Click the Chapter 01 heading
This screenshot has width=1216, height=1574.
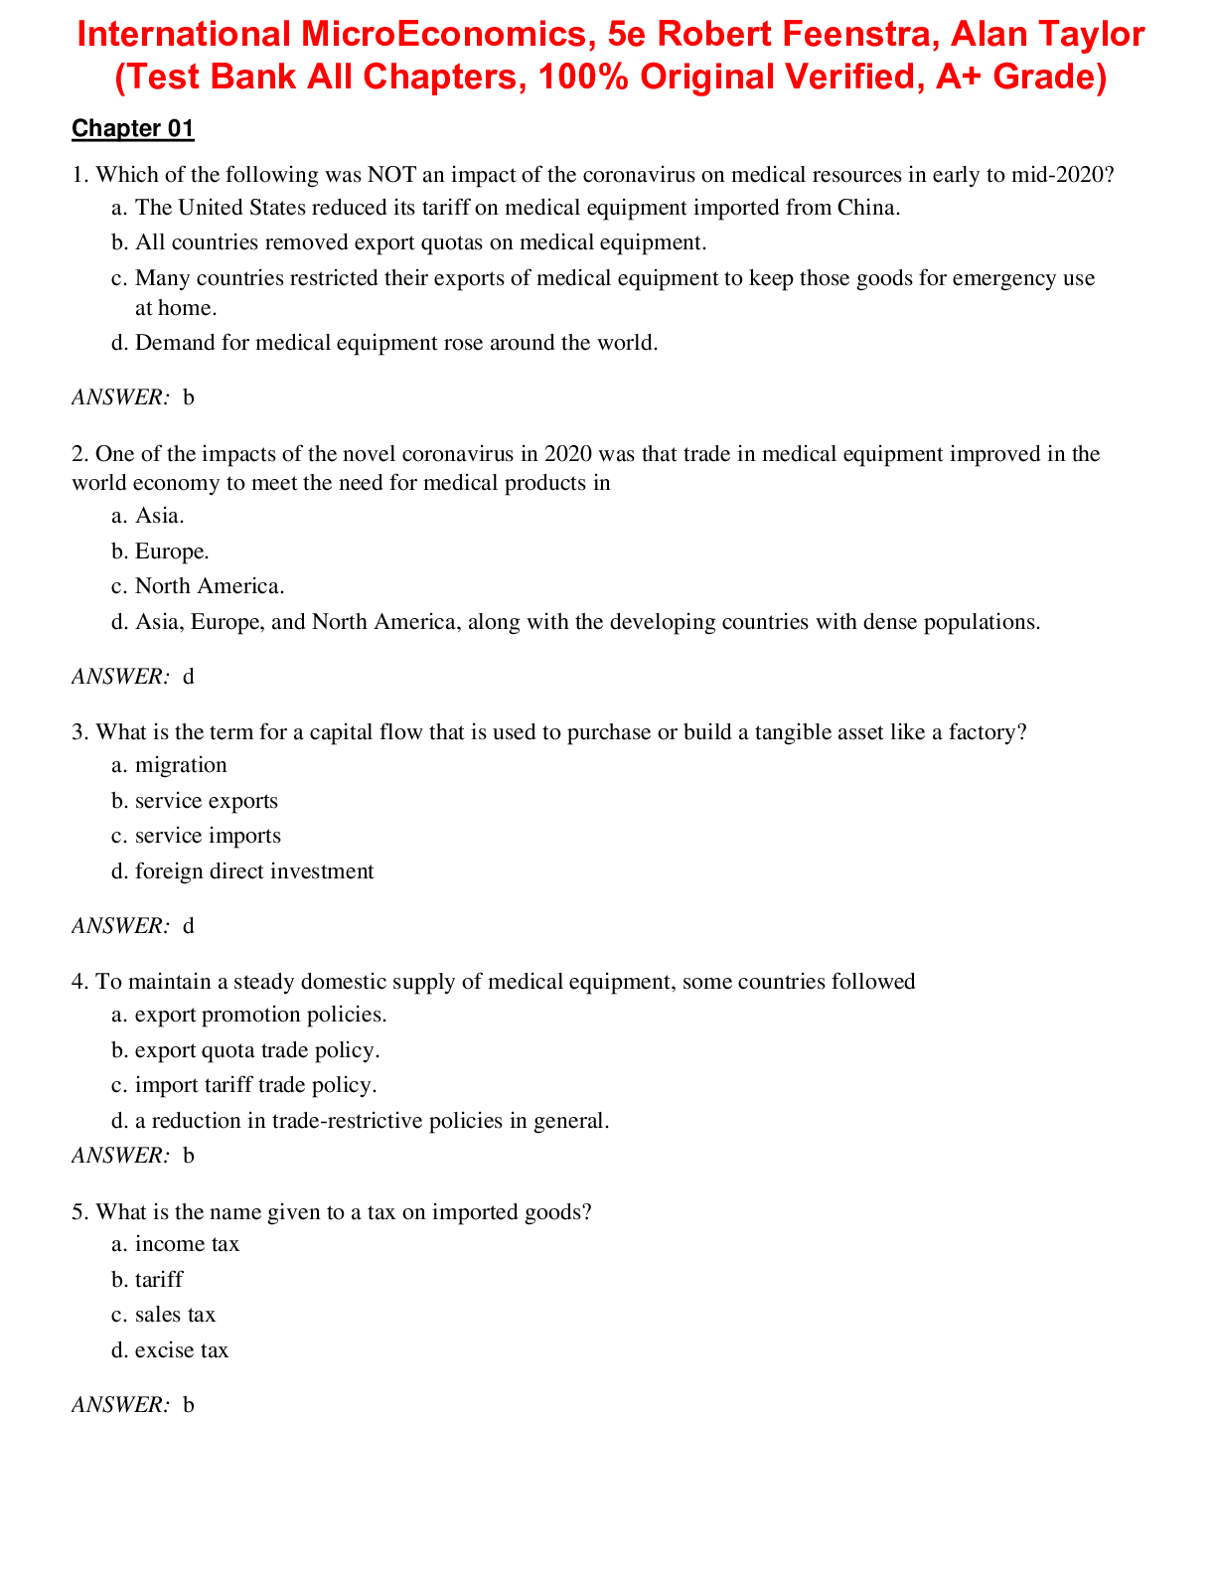pyautogui.click(x=133, y=128)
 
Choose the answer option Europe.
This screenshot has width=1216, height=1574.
pyautogui.click(x=172, y=551)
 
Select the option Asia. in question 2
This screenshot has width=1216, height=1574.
pyautogui.click(x=160, y=516)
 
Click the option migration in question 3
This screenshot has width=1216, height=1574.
pyautogui.click(x=181, y=765)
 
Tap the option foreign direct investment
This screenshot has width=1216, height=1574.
pyautogui.click(x=254, y=871)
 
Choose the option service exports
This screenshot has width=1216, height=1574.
pyautogui.click(x=207, y=801)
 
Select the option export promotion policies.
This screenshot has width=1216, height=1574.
pyautogui.click(x=260, y=1015)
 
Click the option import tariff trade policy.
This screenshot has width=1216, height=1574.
pyautogui.click(x=256, y=1085)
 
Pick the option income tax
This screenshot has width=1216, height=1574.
pyautogui.click(x=187, y=1244)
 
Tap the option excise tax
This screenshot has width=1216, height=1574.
pyautogui.click(x=182, y=1350)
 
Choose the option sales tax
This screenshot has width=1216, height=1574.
pyautogui.click(x=175, y=1315)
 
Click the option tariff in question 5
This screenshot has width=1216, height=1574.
pyautogui.click(x=159, y=1280)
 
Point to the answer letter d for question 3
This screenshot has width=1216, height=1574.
pyautogui.click(x=189, y=926)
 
